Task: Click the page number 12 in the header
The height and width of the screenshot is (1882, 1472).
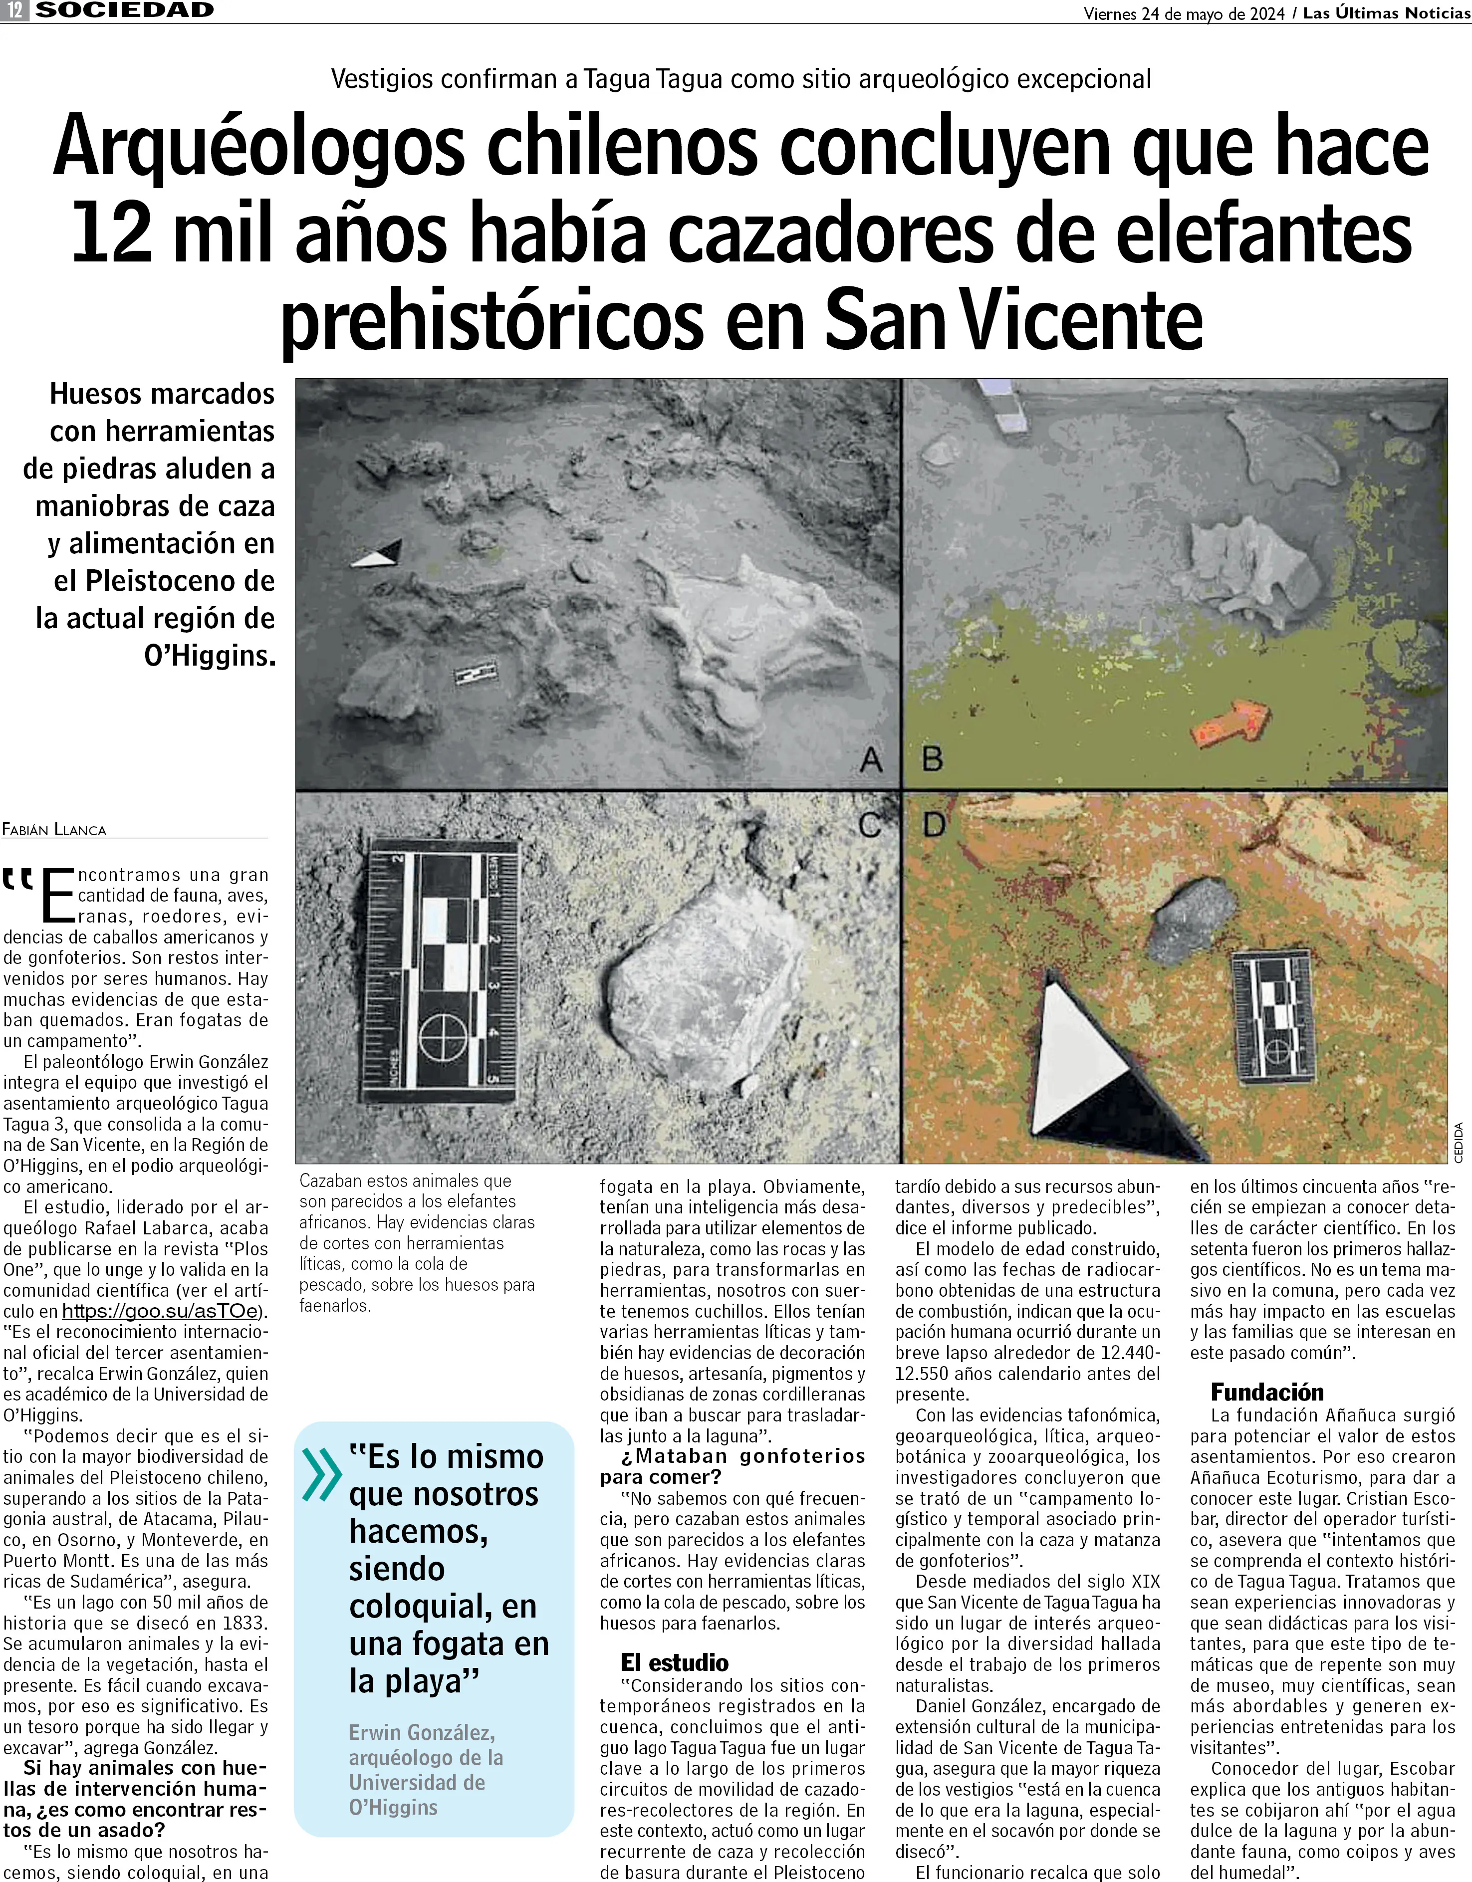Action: tap(15, 11)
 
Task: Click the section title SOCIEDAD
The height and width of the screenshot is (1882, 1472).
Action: tap(125, 11)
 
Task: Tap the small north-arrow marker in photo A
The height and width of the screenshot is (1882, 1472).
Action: tap(377, 554)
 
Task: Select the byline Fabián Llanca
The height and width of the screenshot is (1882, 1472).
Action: tap(54, 830)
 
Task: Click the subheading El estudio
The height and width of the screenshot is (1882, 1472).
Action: tap(674, 1662)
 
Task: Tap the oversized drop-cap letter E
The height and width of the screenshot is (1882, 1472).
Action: tap(58, 896)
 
